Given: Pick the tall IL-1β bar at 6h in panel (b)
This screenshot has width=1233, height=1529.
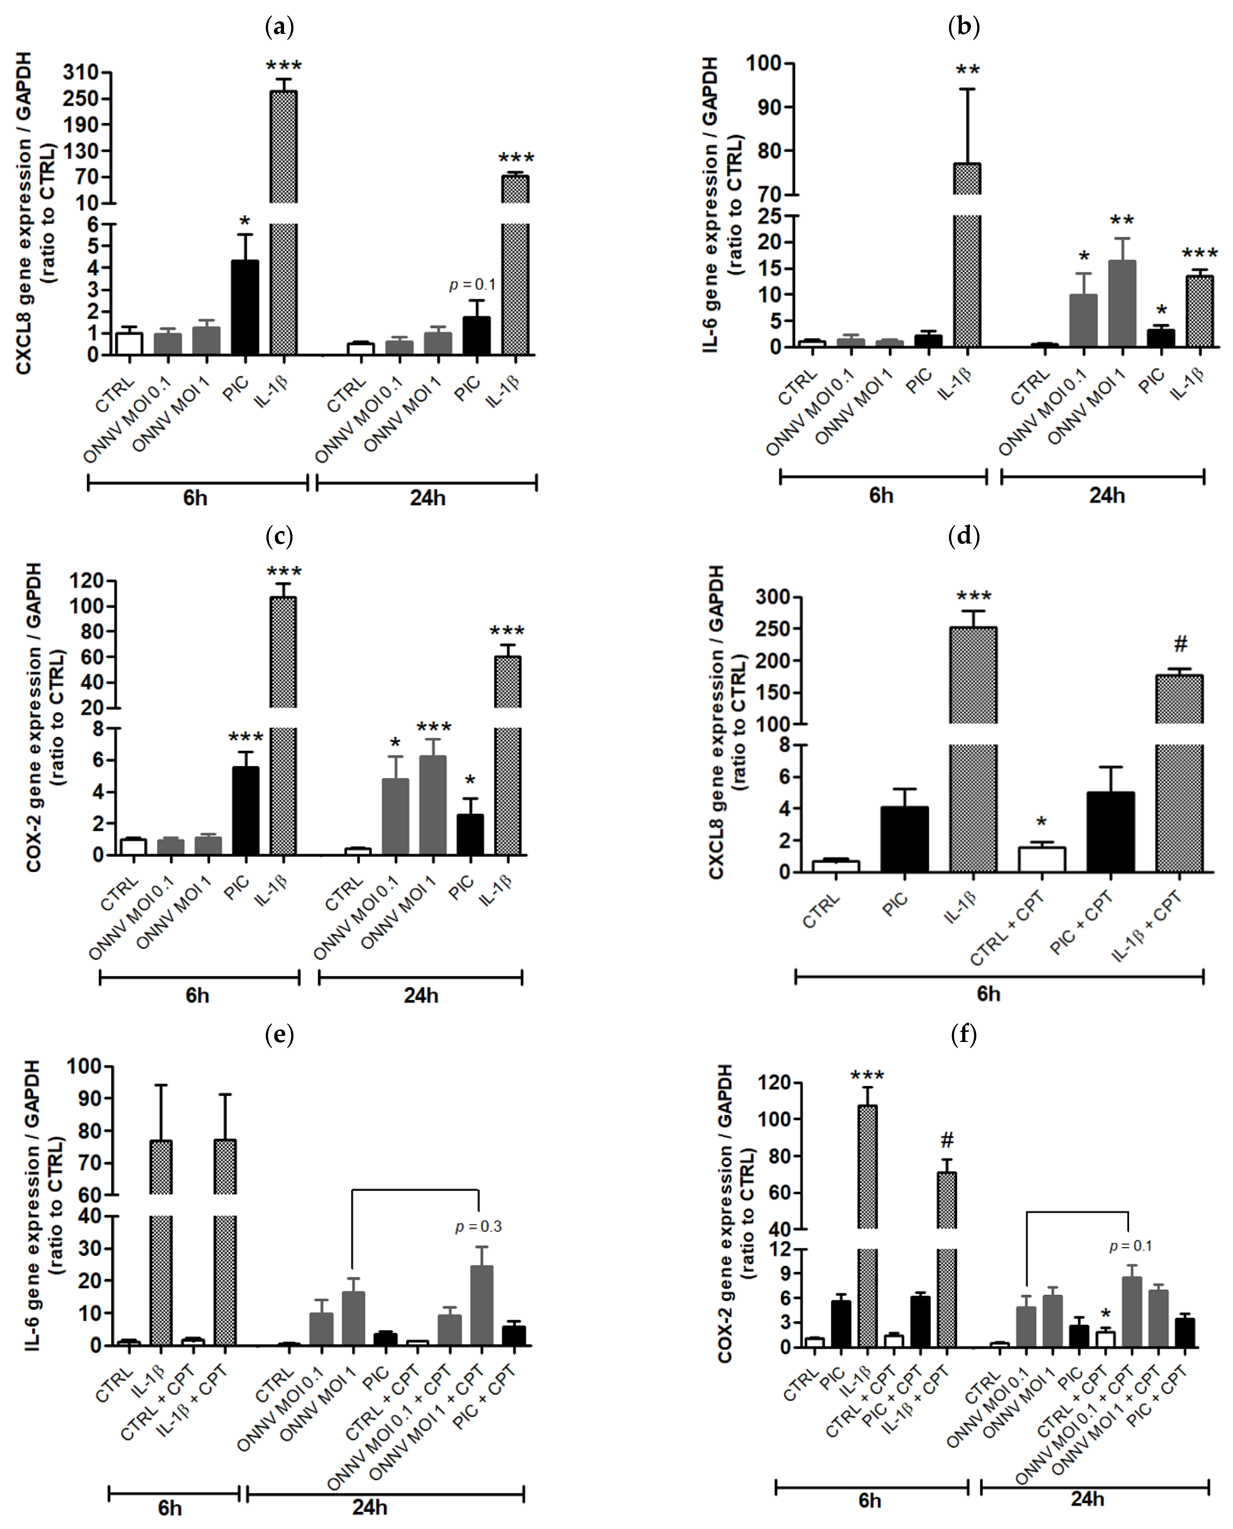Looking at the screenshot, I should point(967,270).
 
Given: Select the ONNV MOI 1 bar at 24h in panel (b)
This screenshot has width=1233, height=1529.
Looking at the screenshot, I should point(1122,304).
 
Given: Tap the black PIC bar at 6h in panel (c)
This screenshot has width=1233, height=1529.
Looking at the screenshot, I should point(246,811).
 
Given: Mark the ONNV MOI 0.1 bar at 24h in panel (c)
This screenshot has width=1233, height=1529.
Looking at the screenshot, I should point(395,816).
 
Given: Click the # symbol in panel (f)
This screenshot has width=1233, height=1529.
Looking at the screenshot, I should point(947,1140).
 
